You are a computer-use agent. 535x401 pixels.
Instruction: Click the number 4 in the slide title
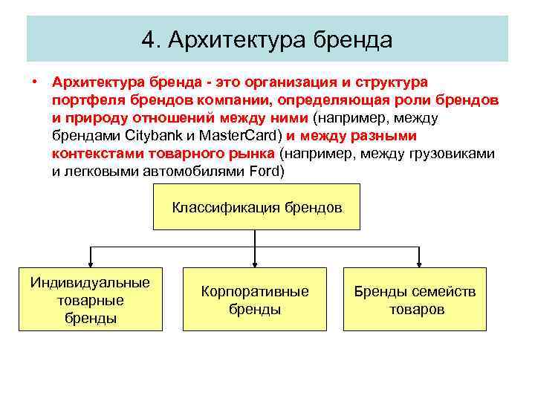pyautogui.click(x=147, y=39)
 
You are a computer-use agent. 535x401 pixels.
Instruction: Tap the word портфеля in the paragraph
pyautogui.click(x=83, y=100)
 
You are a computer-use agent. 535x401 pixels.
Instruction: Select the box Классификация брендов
pyautogui.click(x=256, y=207)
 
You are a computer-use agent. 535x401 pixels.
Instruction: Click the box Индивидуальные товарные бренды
pyautogui.click(x=90, y=299)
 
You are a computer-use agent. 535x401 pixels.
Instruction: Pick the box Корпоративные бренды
pyautogui.click(x=254, y=299)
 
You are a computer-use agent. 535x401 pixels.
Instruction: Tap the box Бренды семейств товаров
pyautogui.click(x=415, y=299)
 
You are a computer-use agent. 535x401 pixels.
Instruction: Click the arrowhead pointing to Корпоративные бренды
pyautogui.click(x=255, y=263)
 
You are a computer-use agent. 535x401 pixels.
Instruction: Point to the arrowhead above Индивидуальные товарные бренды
pyautogui.click(x=90, y=263)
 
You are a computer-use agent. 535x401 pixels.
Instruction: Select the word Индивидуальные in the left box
pyautogui.click(x=90, y=282)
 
